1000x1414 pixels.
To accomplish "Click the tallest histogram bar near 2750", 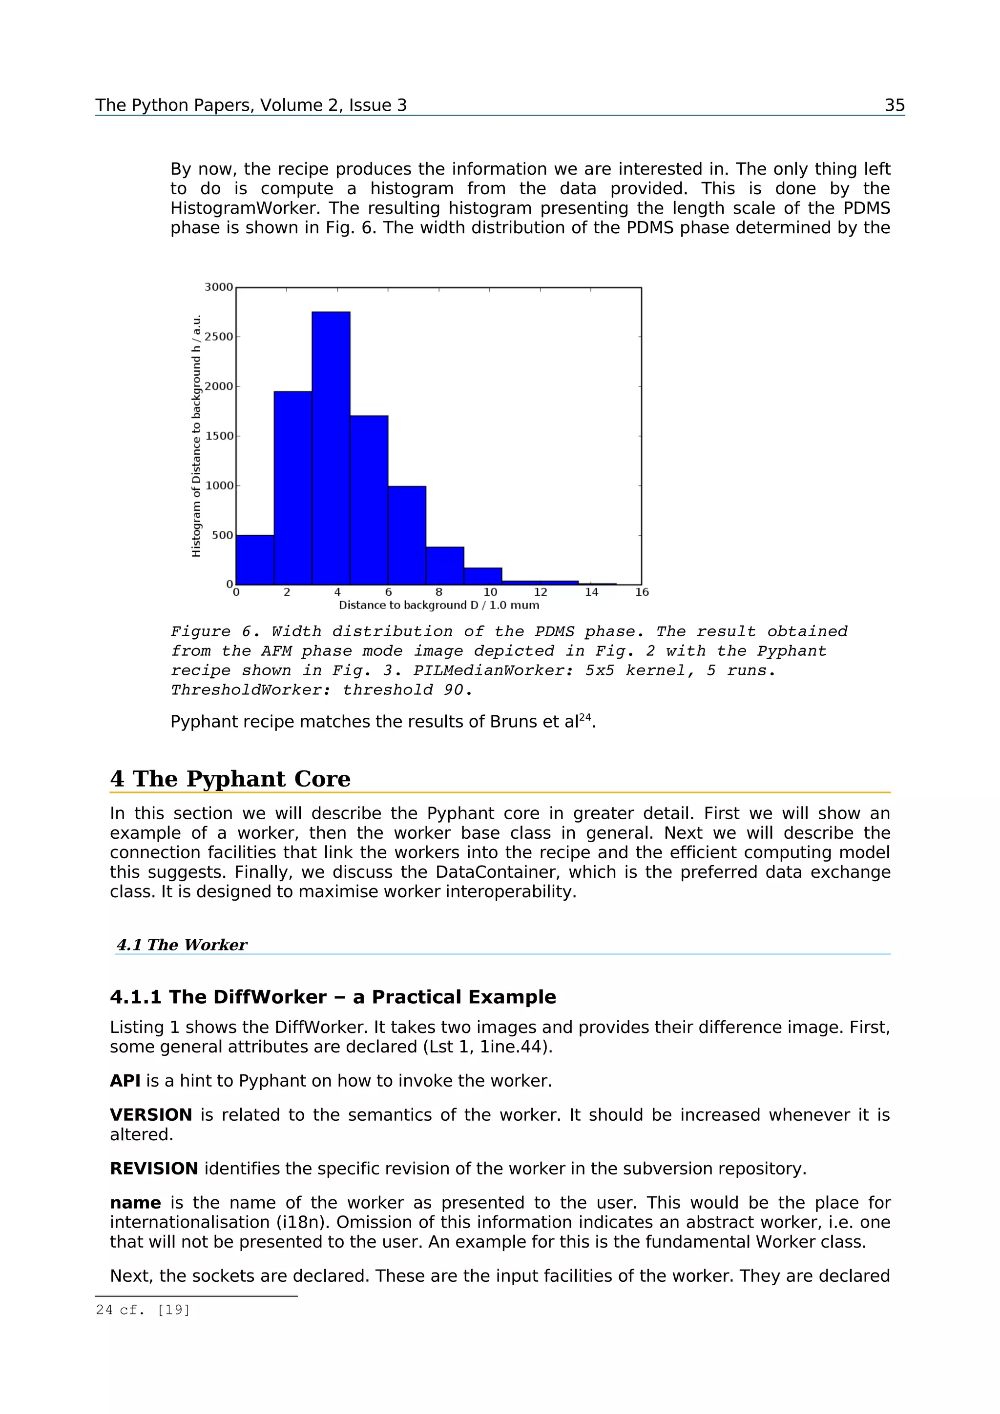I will pos(331,448).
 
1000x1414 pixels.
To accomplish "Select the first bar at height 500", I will pos(254,559).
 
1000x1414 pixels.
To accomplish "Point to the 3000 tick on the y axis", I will pos(219,287).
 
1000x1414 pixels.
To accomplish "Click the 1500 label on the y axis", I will pos(219,436).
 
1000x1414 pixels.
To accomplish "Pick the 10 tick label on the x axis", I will pos(490,592).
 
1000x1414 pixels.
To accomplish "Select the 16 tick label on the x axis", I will pos(642,592).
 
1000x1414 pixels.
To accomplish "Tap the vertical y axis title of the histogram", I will pos(196,436).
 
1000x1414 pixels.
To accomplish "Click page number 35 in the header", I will pos(894,105).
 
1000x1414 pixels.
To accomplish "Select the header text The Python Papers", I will pos(250,105).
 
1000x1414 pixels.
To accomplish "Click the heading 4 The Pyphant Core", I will pos(230,779).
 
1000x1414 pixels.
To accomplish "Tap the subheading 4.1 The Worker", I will pos(182,945).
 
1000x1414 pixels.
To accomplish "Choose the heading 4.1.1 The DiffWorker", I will pos(333,997).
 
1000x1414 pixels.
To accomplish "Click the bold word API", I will pos(125,1081).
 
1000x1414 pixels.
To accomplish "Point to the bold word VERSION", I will pos(151,1115).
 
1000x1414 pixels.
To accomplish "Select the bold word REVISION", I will pos(154,1168).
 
